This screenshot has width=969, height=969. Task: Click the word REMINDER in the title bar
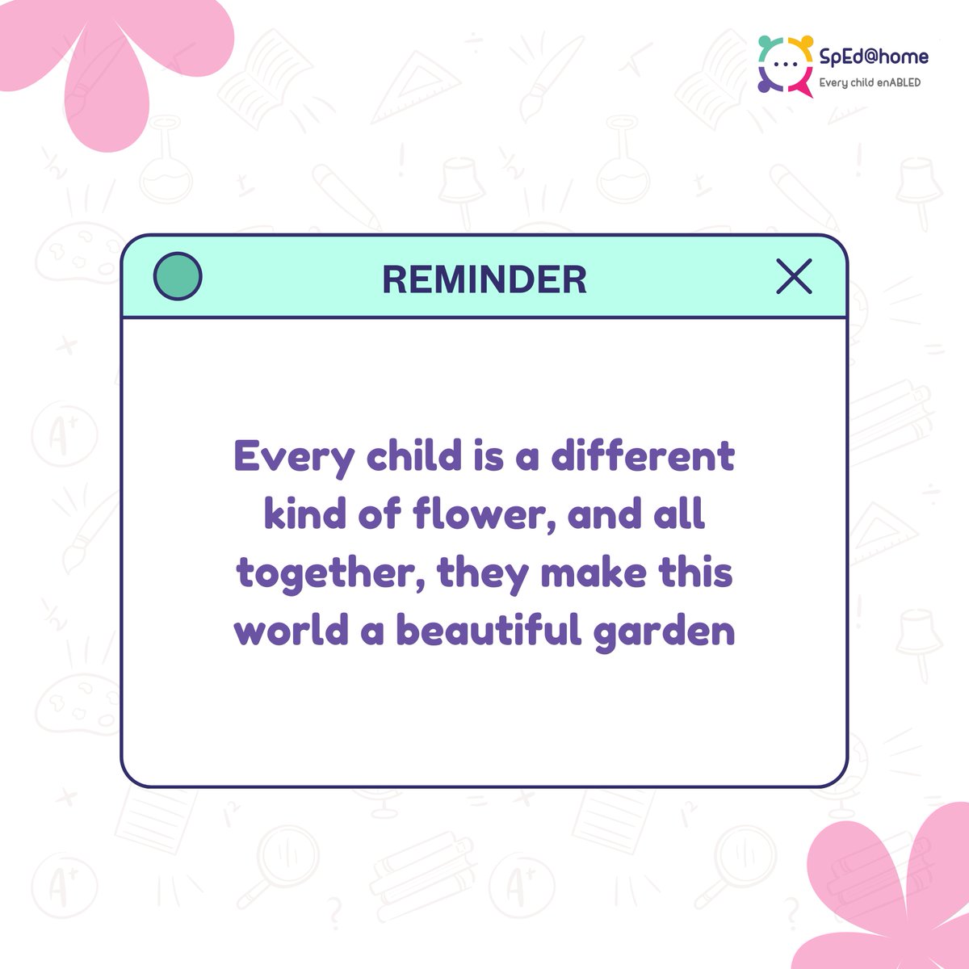484,279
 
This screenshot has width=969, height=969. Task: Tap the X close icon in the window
794,277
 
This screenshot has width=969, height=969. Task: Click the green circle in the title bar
178,277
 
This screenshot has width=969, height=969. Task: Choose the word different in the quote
643,456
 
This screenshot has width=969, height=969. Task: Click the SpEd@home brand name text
874,57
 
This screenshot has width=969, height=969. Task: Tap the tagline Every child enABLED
870,82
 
